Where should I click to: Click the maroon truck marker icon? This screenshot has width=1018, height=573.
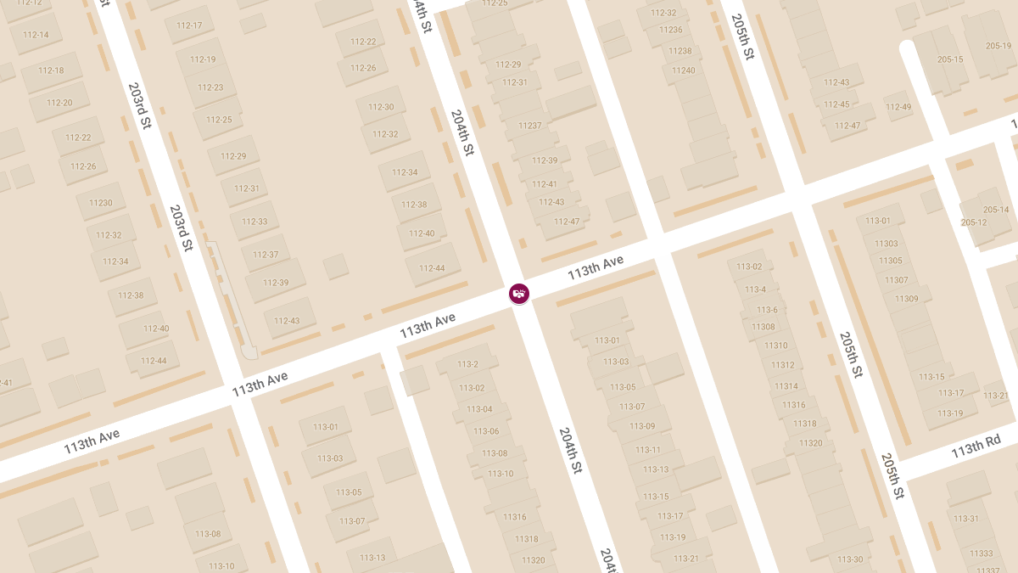[519, 294]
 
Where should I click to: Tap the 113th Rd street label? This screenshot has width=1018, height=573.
[976, 450]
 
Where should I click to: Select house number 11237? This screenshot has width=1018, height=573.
[529, 126]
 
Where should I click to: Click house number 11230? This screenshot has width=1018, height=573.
[100, 203]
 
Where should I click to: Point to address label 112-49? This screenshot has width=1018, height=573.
[898, 107]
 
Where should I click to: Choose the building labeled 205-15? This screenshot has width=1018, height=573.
[950, 59]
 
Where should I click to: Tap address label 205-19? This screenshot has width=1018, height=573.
[998, 46]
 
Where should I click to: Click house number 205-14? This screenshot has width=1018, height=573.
[996, 210]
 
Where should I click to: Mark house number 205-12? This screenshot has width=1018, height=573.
[974, 222]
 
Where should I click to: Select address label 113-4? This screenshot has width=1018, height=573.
[755, 289]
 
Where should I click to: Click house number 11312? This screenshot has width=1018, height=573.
[782, 365]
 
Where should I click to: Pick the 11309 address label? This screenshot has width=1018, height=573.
[906, 299]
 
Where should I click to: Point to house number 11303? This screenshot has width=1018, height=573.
[886, 244]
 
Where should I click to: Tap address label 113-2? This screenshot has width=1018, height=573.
[467, 364]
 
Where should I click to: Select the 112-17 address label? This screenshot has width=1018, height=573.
[189, 25]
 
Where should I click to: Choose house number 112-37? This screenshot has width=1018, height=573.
[266, 255]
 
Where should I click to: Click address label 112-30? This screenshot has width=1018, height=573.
[381, 107]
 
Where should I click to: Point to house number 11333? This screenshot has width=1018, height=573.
[981, 553]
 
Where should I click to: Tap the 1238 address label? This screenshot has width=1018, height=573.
[680, 51]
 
